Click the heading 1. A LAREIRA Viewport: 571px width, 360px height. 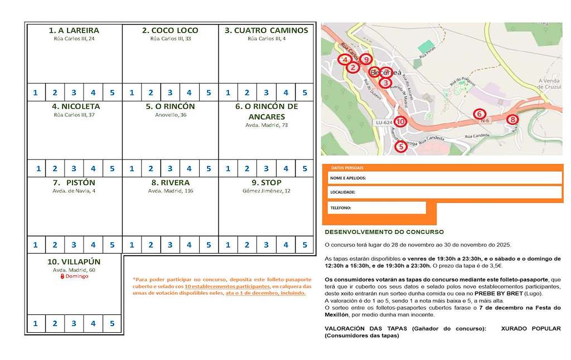pos(74,30)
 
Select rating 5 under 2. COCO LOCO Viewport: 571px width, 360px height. pos(209,93)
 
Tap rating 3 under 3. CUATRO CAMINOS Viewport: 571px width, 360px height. pos(266,93)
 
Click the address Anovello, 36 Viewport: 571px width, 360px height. pos(170,115)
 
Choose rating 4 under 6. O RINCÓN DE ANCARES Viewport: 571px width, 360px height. pos(285,168)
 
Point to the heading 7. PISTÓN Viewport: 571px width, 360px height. pos(74,182)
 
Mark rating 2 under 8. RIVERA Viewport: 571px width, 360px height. pos(151,244)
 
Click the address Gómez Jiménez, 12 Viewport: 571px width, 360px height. pos(266,191)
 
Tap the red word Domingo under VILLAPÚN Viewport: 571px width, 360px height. pos(76,276)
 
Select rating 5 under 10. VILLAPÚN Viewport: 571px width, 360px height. pos(112,323)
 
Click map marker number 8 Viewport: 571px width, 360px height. pos(512,119)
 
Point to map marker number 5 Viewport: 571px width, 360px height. pos(400,147)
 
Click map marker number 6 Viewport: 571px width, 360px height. pos(478,114)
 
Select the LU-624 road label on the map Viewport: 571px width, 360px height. pos(383,122)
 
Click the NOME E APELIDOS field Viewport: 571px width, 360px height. pos(444,178)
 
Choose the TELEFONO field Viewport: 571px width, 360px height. pos(376,208)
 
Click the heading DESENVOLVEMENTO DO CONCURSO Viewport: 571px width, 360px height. pos(384,232)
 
